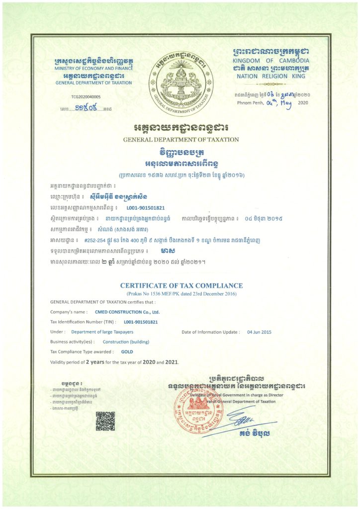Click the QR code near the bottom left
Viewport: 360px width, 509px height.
[105, 420]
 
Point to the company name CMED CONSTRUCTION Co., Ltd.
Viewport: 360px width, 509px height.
[127, 312]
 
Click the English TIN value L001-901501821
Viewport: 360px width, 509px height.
[141, 322]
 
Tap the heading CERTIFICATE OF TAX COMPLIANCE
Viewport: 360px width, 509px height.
[181, 286]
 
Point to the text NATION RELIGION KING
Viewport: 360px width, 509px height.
[267, 77]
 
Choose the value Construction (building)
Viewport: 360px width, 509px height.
[126, 342]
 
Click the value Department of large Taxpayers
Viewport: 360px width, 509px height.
[101, 332]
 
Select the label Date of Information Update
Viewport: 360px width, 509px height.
[210, 332]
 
